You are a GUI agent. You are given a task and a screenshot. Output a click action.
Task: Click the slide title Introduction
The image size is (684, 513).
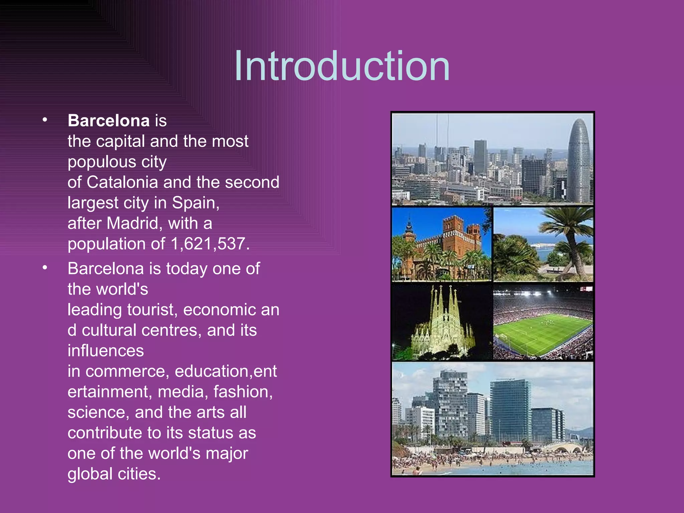pos(342,66)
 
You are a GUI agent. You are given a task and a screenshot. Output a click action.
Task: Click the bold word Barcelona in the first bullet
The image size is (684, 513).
pos(109,121)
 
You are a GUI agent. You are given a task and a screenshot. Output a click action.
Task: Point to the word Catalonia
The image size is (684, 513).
pos(122,182)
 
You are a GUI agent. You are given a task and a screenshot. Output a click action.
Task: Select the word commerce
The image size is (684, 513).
pos(127,371)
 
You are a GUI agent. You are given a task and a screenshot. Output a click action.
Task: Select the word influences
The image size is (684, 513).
pos(106,351)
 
